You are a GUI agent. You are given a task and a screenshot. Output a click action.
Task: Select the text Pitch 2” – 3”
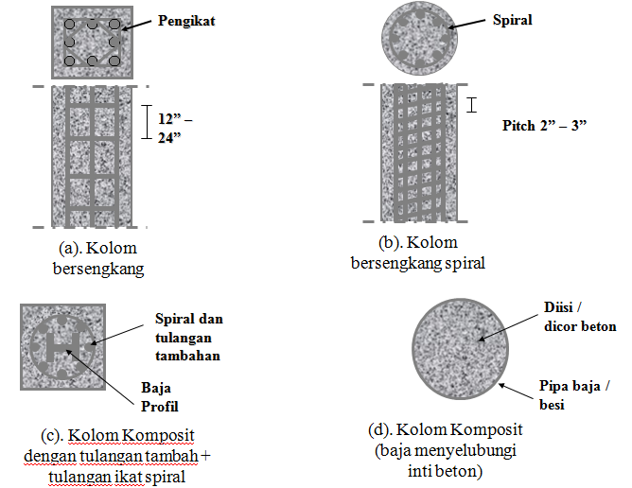545,125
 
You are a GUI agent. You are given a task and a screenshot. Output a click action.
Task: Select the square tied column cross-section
91,44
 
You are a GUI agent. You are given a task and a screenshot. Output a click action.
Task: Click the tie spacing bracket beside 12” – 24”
147,121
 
